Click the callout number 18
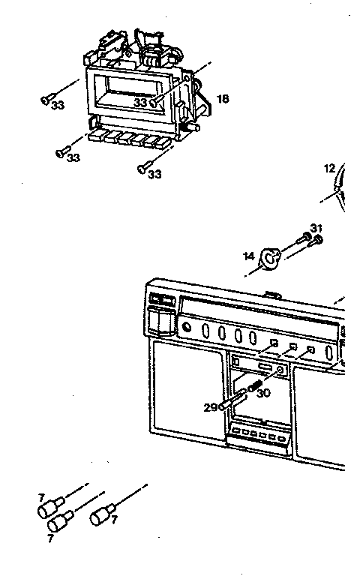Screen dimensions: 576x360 223,98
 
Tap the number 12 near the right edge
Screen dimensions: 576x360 329,169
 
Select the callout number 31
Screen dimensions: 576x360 316,228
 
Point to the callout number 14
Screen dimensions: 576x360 248,256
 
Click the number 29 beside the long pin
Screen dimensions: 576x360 209,406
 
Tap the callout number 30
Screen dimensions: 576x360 263,391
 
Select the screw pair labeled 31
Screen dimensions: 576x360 310,240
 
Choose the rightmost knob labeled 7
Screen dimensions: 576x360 100,517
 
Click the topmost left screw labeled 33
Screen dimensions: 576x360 47,97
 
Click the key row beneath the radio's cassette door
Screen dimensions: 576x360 259,436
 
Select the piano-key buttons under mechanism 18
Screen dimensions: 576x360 128,139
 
